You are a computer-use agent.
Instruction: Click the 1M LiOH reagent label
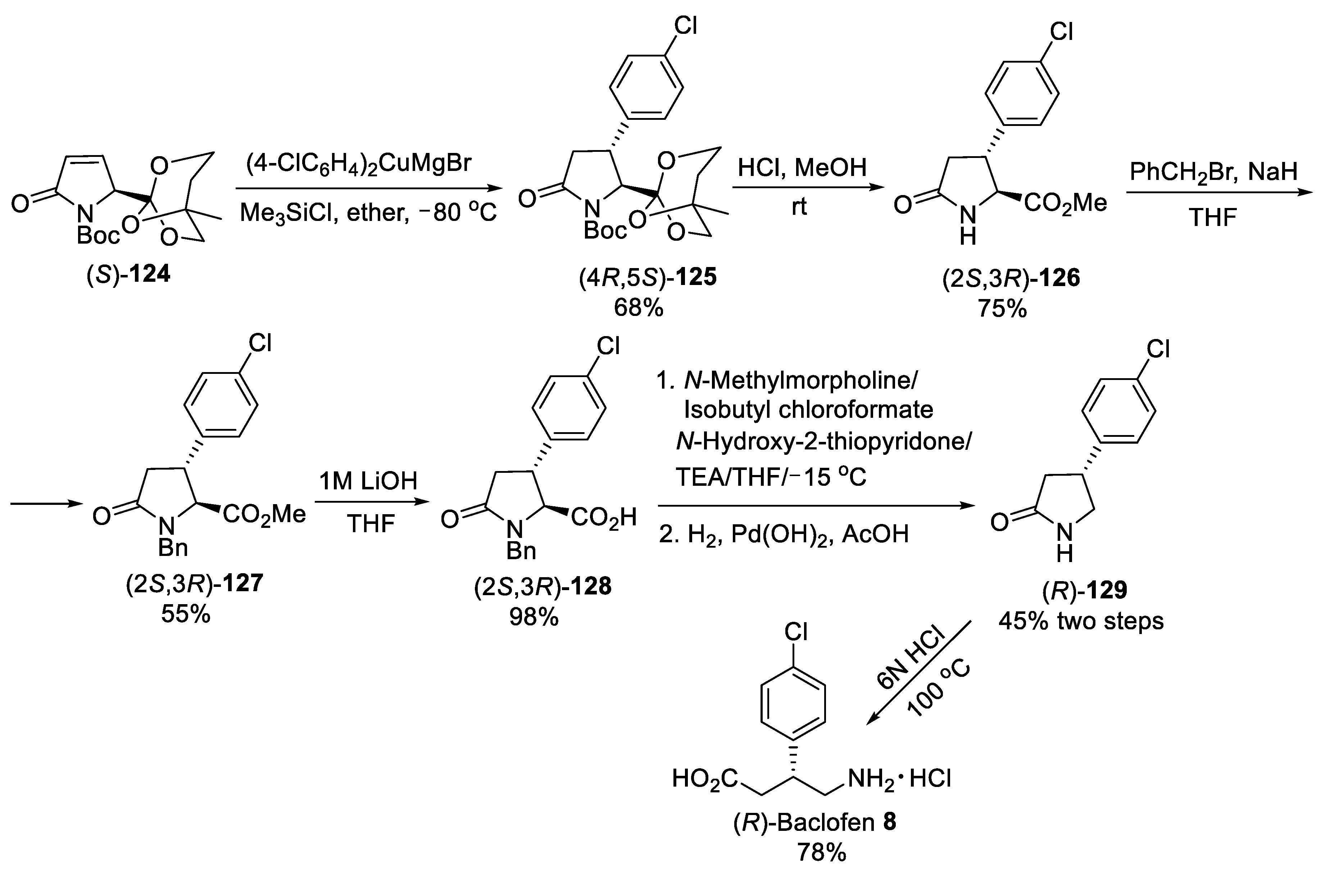[368, 481]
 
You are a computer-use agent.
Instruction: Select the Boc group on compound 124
[98, 235]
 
